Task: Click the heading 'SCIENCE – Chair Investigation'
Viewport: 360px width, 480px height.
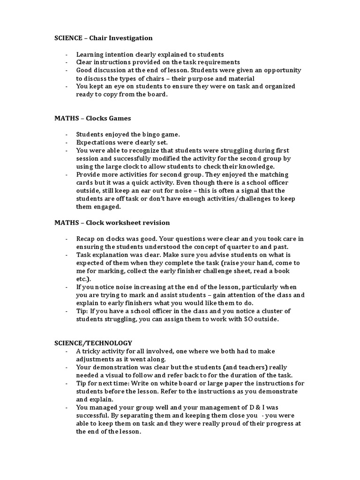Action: tap(104, 38)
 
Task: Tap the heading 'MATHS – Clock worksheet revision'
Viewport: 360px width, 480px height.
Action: tap(112, 223)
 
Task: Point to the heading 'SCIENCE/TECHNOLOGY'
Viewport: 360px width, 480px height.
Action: tap(93, 343)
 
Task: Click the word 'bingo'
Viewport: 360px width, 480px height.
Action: tap(145, 135)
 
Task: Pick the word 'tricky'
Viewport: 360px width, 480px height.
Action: tap(92, 351)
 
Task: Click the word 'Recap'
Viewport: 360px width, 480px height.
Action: tap(86, 239)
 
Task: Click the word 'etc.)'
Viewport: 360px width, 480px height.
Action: tap(84, 279)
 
